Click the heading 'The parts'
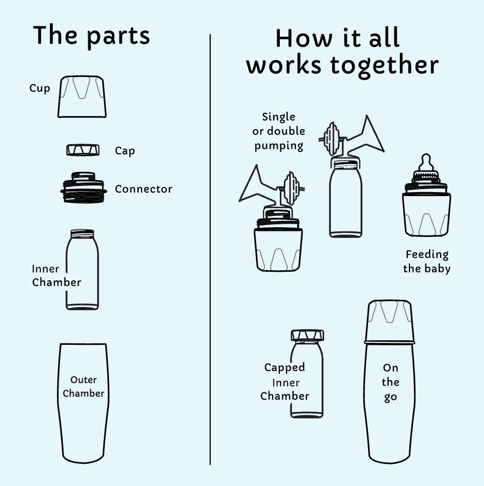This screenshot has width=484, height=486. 91,36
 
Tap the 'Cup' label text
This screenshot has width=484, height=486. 40,88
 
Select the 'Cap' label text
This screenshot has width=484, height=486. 125,151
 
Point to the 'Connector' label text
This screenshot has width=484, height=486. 144,189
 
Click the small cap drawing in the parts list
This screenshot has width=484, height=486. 83,150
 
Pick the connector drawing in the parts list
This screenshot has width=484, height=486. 84,188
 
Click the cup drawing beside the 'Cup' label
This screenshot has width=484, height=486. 82,97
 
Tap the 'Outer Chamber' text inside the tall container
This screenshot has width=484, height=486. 83,387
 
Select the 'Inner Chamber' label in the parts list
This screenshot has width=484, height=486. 56,276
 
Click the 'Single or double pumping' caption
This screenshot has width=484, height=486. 278,132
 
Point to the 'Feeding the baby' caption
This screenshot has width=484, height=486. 427,261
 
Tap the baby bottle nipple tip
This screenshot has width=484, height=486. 427,156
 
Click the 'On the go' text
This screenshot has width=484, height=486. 390,383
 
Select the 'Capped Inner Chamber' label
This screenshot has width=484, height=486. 284,382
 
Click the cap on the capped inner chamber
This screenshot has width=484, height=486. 307,335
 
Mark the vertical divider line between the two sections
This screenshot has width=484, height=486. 210,250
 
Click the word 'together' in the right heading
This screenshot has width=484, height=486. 385,66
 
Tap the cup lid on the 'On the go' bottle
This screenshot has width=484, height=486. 389,321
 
